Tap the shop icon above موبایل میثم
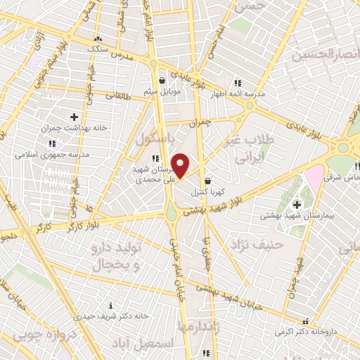(162, 80)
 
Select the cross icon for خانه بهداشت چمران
(75, 115)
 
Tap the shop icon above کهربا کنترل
(207, 180)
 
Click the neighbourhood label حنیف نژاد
(263, 245)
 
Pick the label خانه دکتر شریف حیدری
(114, 316)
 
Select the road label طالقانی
(117, 96)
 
